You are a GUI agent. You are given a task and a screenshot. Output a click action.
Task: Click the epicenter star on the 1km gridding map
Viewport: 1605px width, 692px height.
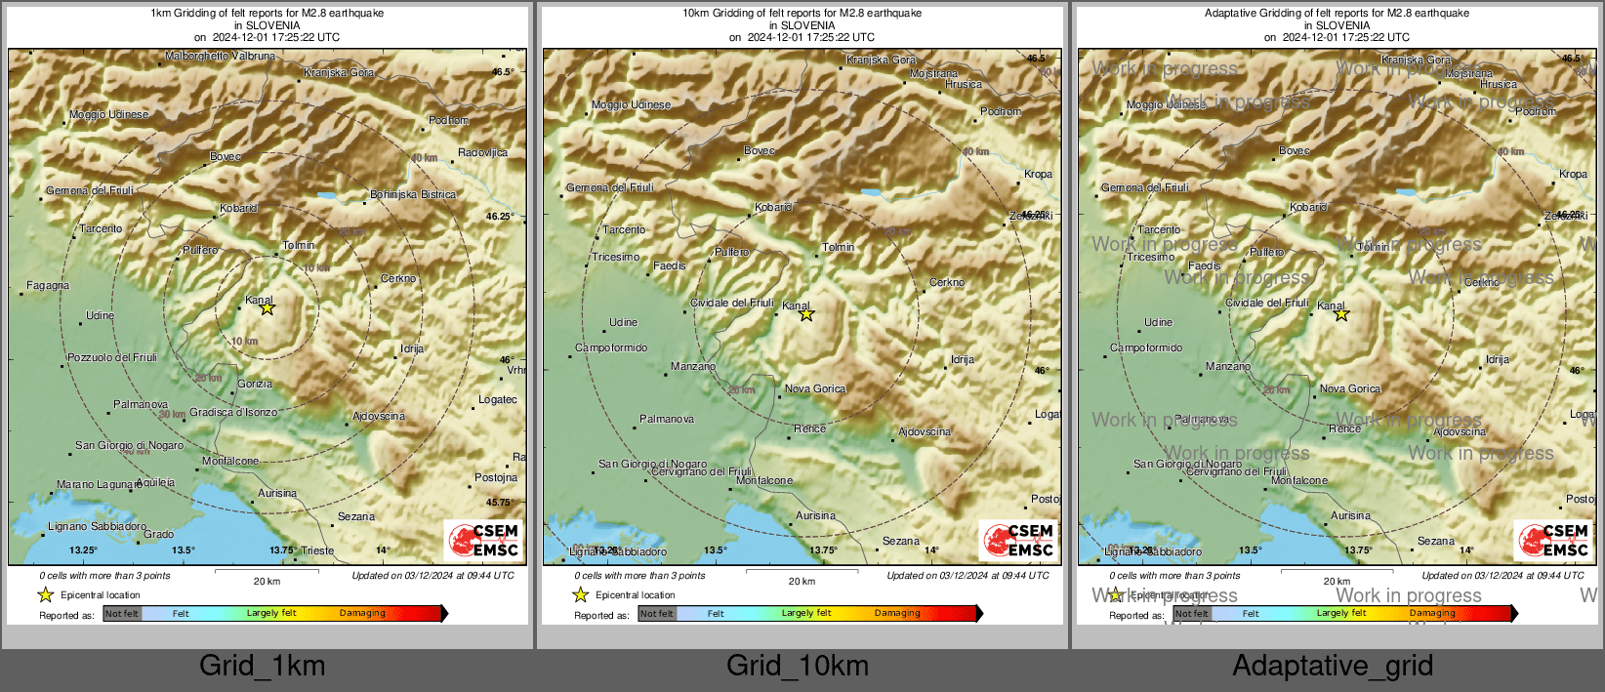pyautogui.click(x=267, y=308)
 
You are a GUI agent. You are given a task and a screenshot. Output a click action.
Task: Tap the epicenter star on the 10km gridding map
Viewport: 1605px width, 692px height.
pyautogui.click(x=806, y=314)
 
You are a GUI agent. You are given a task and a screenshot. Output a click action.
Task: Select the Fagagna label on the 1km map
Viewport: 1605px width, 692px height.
pyautogui.click(x=48, y=286)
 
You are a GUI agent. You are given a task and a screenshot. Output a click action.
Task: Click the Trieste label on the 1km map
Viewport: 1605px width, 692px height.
pyautogui.click(x=317, y=550)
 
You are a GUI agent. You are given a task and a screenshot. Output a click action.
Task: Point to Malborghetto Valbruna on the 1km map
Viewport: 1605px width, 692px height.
pyautogui.click(x=220, y=57)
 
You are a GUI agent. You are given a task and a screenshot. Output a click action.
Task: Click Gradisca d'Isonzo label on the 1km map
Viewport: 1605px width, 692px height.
pyautogui.click(x=233, y=413)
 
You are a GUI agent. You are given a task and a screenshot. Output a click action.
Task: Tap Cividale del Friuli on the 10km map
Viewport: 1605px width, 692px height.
pyautogui.click(x=731, y=303)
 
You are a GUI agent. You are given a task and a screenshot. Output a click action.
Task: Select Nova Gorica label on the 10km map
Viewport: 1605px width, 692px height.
pyautogui.click(x=815, y=388)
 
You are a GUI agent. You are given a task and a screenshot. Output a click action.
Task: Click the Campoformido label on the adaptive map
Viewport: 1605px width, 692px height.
pyautogui.click(x=1146, y=347)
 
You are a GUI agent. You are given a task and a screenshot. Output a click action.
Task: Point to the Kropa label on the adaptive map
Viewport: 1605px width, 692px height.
pyautogui.click(x=1573, y=174)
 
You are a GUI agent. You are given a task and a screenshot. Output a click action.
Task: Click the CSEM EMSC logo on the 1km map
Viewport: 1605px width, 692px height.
pyautogui.click(x=484, y=541)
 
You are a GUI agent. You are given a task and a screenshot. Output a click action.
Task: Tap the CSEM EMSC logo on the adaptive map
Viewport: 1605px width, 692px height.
pyautogui.click(x=1554, y=541)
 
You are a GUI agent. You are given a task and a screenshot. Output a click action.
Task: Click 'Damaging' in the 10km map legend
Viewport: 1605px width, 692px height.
pyautogui.click(x=897, y=614)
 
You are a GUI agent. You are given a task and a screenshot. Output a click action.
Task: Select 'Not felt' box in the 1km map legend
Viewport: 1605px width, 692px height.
pyautogui.click(x=122, y=614)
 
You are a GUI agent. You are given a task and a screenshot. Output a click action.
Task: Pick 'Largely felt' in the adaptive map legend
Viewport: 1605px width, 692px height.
pyautogui.click(x=1341, y=614)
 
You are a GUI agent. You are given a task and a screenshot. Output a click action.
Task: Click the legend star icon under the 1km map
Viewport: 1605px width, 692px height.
pyautogui.click(x=46, y=594)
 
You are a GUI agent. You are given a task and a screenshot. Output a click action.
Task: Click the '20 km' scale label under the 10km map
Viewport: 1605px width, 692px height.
pyautogui.click(x=802, y=582)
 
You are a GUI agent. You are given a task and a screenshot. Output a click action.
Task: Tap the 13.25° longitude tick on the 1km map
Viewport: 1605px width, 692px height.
pyautogui.click(x=83, y=550)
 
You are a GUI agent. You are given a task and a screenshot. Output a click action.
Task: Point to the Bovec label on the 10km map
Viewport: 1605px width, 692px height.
pyautogui.click(x=760, y=150)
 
